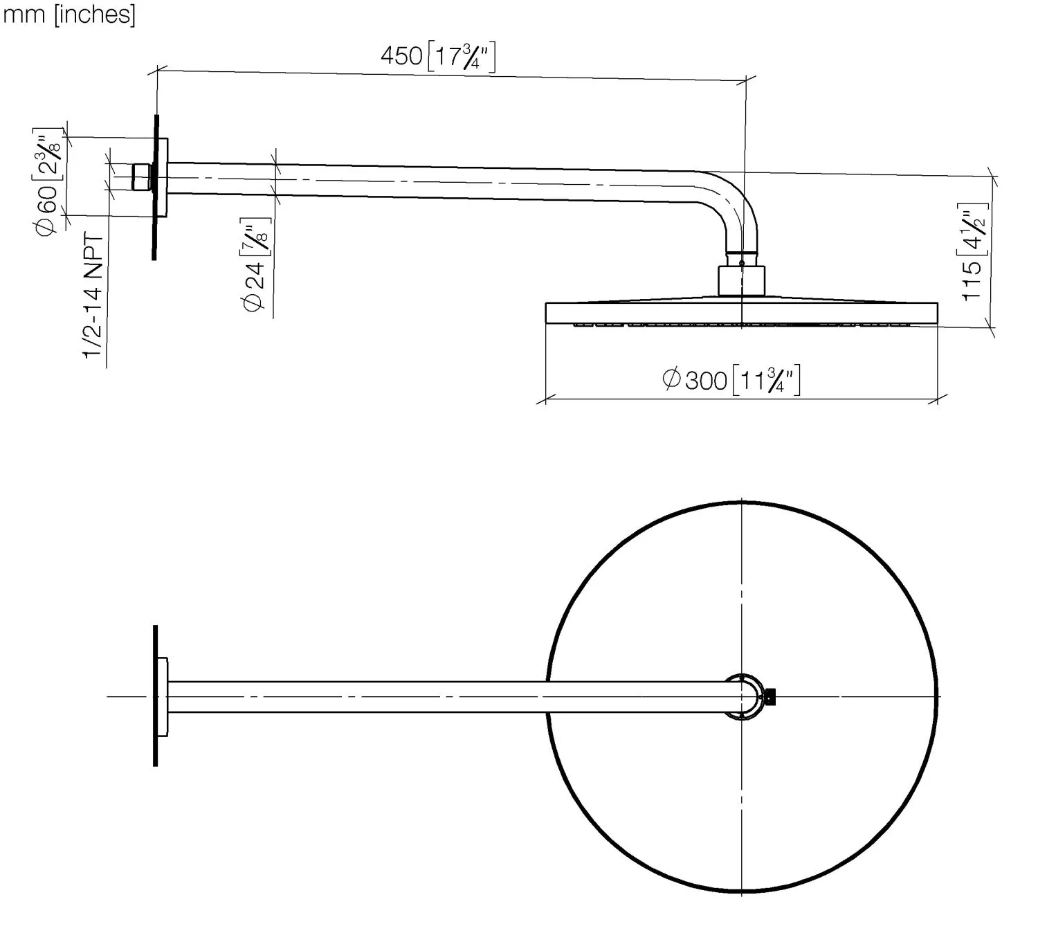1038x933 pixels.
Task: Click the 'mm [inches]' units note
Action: (x=69, y=15)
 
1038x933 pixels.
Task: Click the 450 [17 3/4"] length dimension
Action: (x=438, y=56)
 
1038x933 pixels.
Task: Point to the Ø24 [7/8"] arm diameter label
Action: (x=255, y=266)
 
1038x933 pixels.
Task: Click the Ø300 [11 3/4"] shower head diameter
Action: (x=731, y=379)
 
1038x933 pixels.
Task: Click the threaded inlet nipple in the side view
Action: (x=142, y=177)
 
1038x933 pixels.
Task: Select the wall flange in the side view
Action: (x=161, y=177)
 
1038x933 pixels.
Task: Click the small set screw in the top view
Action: (x=770, y=696)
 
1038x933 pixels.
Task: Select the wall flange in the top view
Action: (x=162, y=696)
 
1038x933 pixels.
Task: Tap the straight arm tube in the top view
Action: (x=443, y=696)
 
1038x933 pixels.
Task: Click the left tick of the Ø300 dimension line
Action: (x=546, y=399)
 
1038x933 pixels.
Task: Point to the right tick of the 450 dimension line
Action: (x=745, y=81)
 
